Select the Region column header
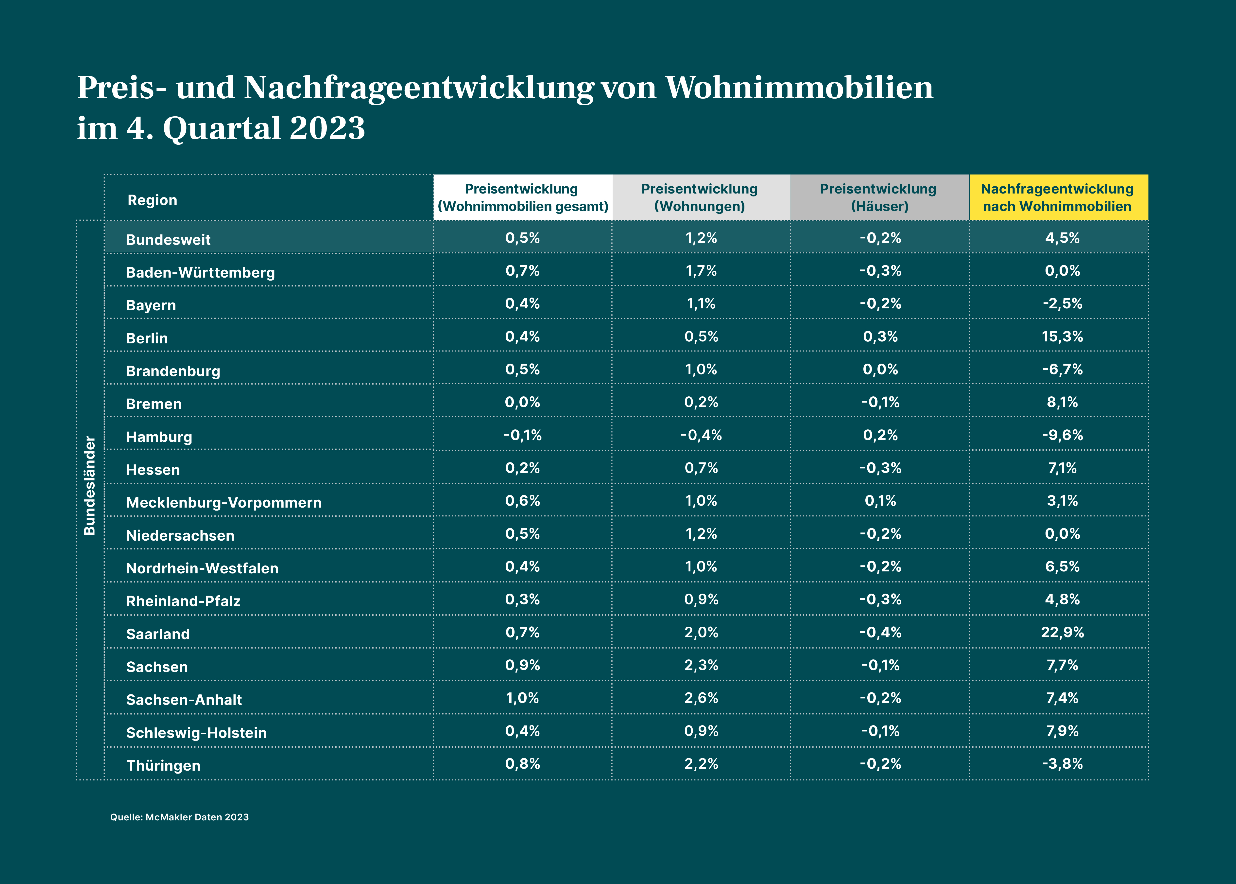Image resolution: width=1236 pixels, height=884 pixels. [152, 200]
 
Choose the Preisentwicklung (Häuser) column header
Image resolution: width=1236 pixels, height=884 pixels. [879, 198]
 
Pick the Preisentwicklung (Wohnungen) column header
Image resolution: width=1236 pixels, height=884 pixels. [700, 198]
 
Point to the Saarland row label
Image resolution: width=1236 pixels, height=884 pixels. [158, 634]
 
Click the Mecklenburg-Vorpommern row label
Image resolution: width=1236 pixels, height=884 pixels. [223, 502]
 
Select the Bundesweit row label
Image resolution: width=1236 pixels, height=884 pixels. [168, 240]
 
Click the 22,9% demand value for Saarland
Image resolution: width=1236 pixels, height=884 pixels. [1062, 633]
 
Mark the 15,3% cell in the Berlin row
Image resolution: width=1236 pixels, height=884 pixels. [1062, 336]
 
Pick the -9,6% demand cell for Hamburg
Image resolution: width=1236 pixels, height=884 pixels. [1062, 435]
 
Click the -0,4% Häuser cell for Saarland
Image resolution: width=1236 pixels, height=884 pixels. [880, 633]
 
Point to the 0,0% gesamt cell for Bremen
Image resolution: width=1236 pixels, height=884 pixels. [522, 402]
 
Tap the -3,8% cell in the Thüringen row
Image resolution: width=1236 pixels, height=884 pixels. [1062, 764]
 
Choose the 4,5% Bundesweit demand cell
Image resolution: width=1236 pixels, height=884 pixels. [1062, 238]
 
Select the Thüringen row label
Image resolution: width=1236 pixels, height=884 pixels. [163, 765]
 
